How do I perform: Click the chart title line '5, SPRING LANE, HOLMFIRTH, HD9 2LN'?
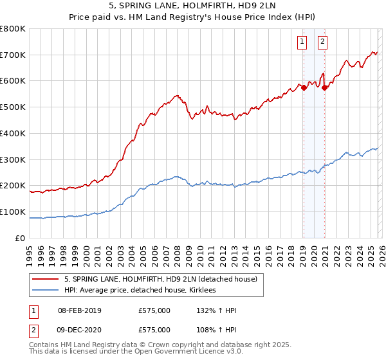click(193, 5)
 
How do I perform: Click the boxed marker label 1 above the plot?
click(302, 42)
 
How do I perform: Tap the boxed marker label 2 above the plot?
click(322, 42)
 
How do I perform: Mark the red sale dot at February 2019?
click(304, 88)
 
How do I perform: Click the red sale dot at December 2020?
click(325, 88)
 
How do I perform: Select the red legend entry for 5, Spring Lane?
click(161, 279)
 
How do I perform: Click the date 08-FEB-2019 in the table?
click(79, 310)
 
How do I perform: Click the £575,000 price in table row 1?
click(154, 310)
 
